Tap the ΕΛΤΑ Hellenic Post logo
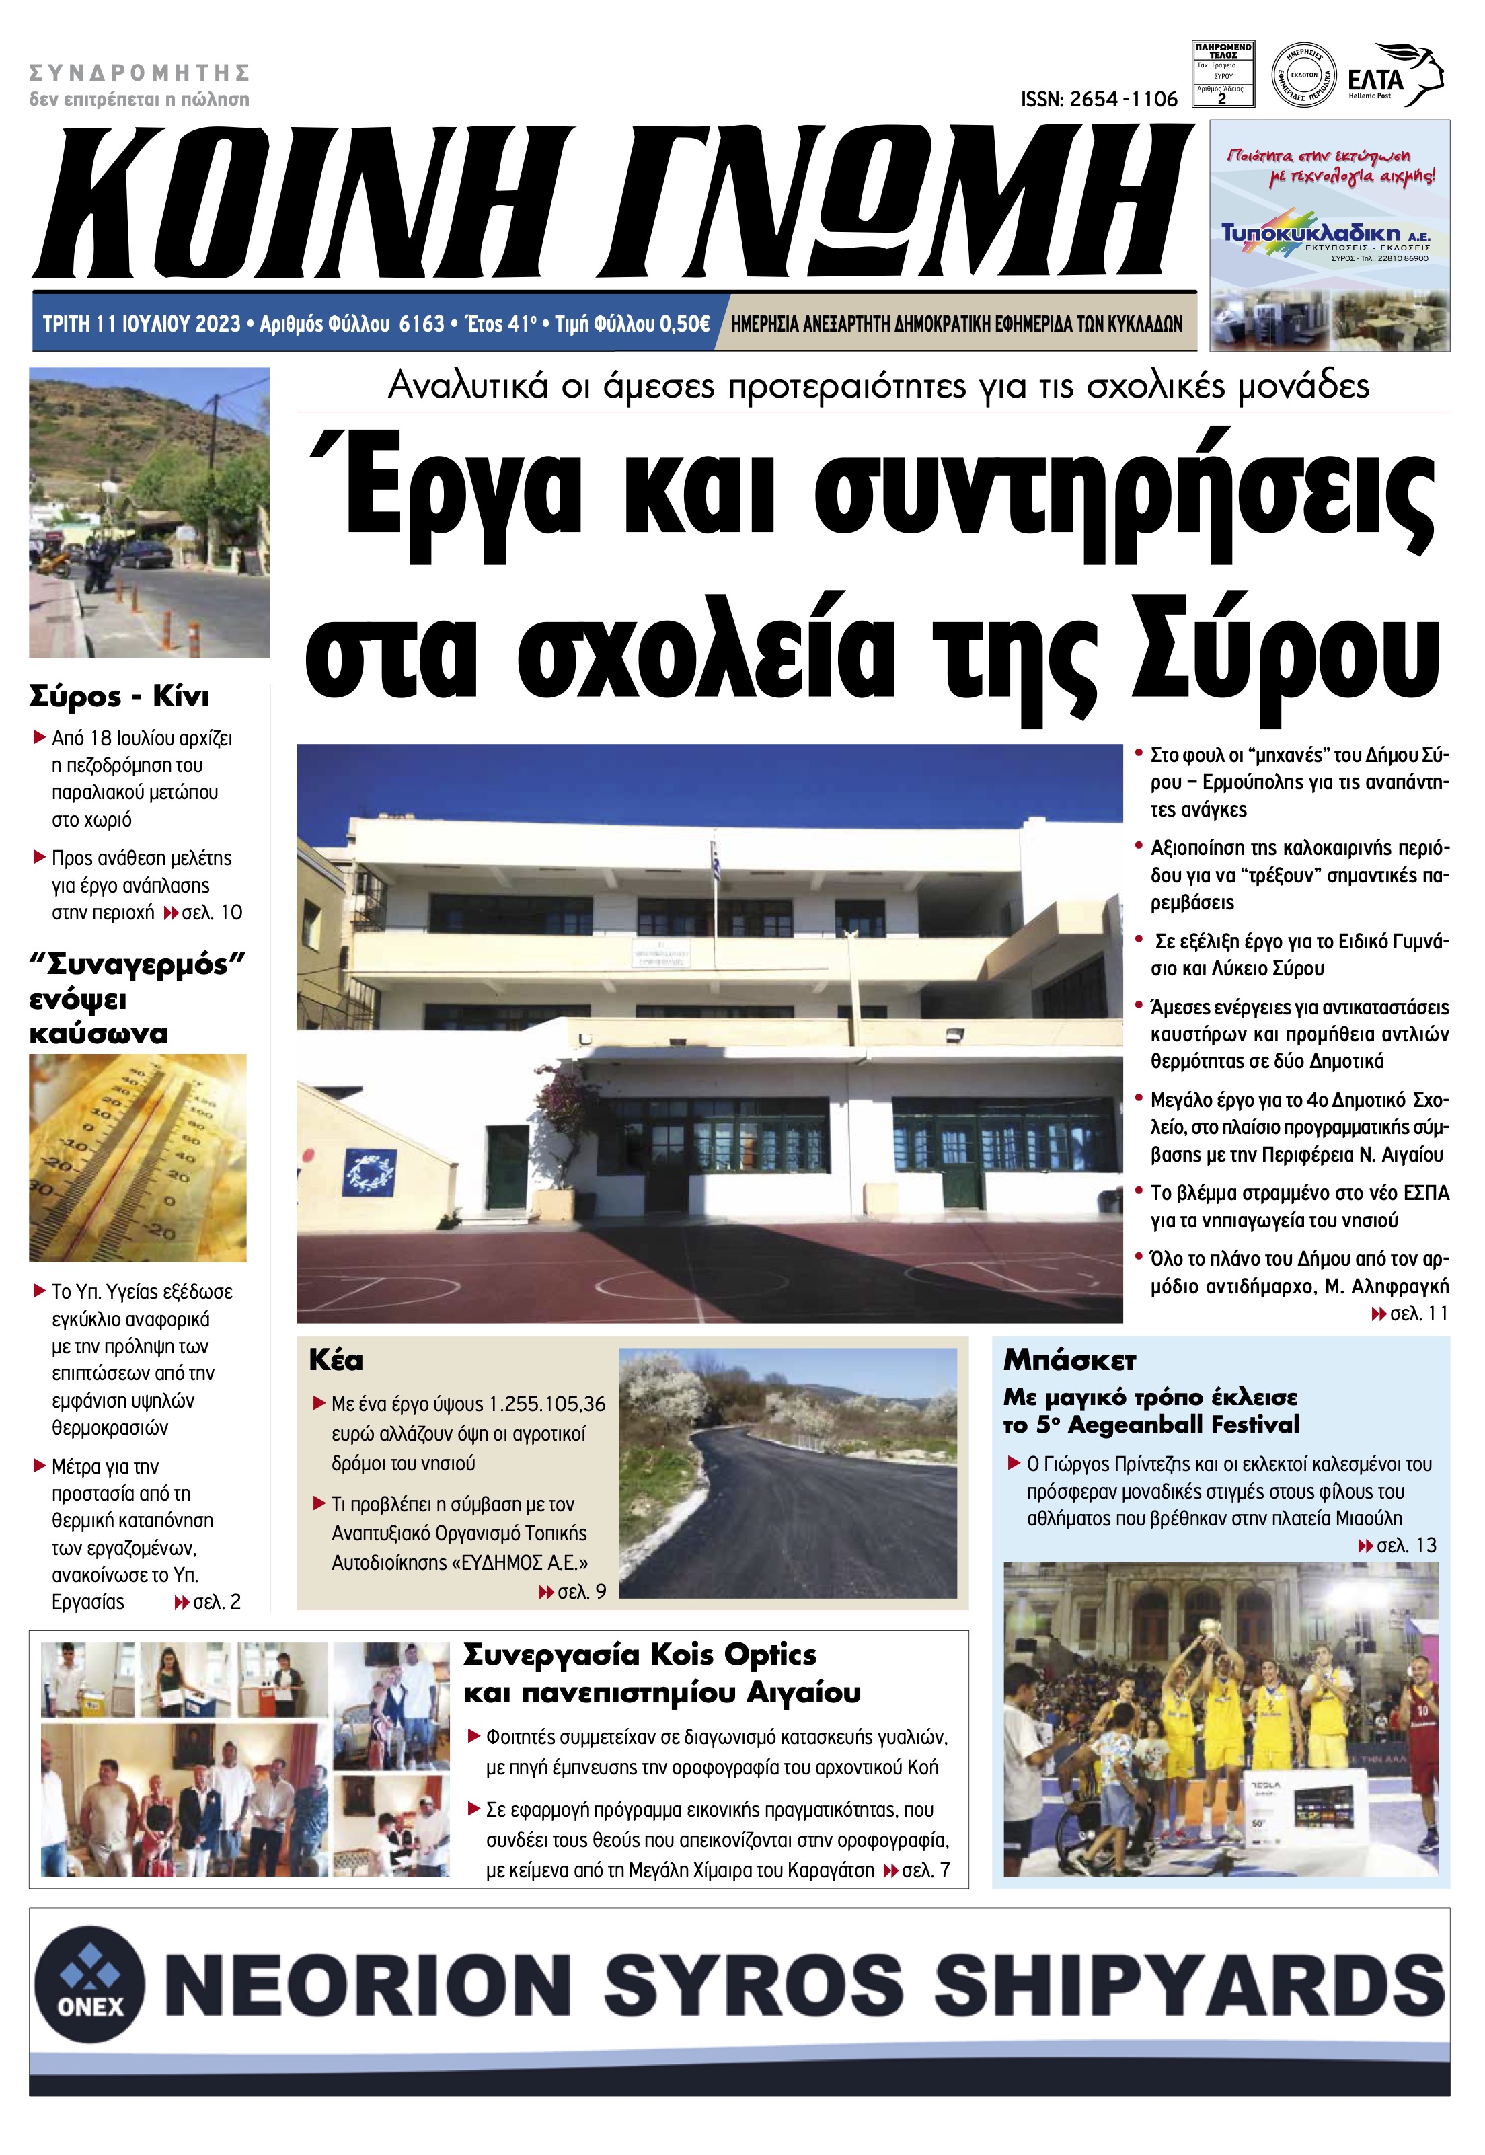tap(1395, 76)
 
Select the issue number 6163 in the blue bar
tap(422, 324)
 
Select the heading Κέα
tap(336, 1361)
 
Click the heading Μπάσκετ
tap(1069, 1361)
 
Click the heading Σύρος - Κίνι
tap(119, 697)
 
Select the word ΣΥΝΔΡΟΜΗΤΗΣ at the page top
tap(140, 73)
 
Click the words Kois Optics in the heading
tap(732, 1655)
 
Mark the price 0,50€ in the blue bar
tap(685, 324)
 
